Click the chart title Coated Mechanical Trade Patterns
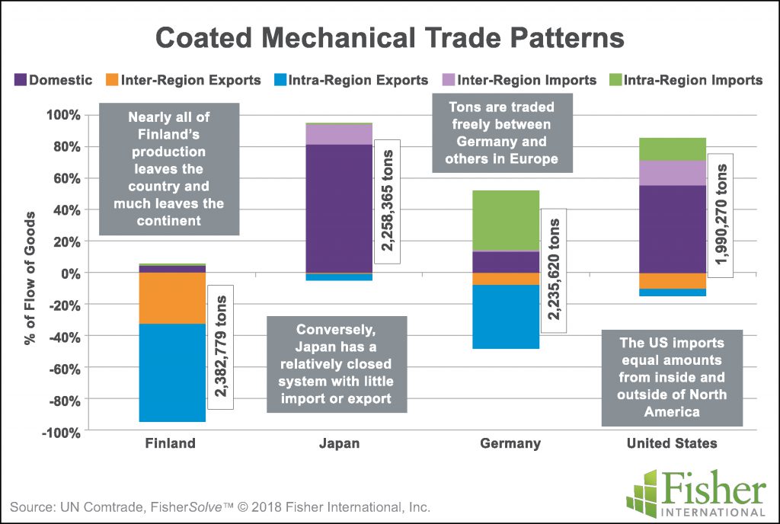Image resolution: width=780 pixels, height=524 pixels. tap(390, 38)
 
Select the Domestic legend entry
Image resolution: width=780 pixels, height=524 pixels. tap(53, 80)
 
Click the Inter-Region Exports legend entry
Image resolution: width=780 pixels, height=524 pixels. tap(183, 80)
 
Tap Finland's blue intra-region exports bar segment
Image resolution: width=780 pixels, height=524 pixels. tap(171, 372)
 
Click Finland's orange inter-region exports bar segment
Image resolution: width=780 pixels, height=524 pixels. tap(171, 298)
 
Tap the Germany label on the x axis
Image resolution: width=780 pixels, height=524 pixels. tap(510, 443)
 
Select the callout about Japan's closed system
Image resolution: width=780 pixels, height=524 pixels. tap(337, 364)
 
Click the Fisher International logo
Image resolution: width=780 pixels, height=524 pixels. tap(695, 491)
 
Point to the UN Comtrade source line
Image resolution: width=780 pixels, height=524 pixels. tap(220, 506)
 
